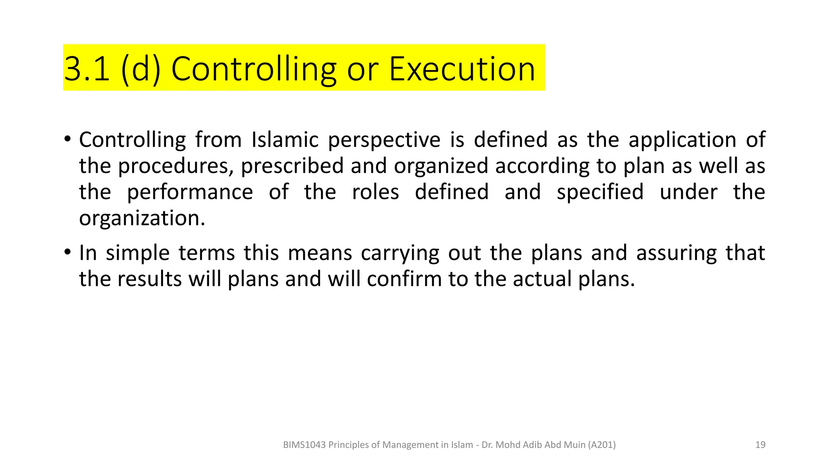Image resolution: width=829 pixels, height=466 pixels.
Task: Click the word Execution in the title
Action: pyautogui.click(x=462, y=69)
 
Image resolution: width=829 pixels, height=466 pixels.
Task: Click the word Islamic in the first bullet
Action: pyautogui.click(x=285, y=140)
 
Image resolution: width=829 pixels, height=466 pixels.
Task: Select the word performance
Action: pyautogui.click(x=190, y=193)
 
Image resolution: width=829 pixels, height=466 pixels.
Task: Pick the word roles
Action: pyautogui.click(x=375, y=192)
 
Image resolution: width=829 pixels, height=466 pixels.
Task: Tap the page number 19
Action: pyautogui.click(x=760, y=445)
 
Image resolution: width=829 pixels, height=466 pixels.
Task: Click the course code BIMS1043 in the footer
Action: pyautogui.click(x=304, y=445)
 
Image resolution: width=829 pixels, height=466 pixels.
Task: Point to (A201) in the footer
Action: pyautogui.click(x=602, y=445)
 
